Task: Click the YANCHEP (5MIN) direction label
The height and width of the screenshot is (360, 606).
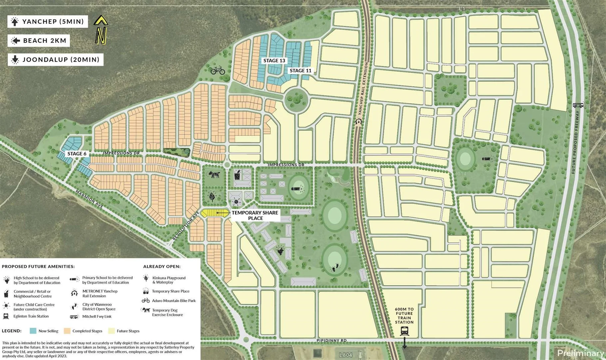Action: pyautogui.click(x=48, y=22)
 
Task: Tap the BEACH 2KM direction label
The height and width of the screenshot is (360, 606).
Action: pyautogui.click(x=39, y=41)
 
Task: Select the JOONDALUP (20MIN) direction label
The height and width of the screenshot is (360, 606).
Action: pyautogui.click(x=56, y=60)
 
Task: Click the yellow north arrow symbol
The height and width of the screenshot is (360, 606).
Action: pyautogui.click(x=101, y=30)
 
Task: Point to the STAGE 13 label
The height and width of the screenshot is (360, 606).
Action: pyautogui.click(x=274, y=61)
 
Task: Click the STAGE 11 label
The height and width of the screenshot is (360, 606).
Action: pyautogui.click(x=300, y=71)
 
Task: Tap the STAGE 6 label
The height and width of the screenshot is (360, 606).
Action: pyautogui.click(x=77, y=154)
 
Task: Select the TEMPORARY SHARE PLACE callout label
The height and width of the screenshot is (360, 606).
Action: pyautogui.click(x=255, y=215)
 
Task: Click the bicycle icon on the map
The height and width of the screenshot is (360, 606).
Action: pyautogui.click(x=218, y=70)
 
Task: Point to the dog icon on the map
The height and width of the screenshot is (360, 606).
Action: pyautogui.click(x=214, y=174)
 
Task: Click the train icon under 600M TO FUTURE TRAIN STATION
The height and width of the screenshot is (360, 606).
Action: pyautogui.click(x=404, y=331)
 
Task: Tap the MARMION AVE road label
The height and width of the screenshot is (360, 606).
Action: pyautogui.click(x=89, y=199)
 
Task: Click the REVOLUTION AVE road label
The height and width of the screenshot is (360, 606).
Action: pyautogui.click(x=185, y=226)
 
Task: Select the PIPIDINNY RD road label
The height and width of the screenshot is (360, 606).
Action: pyautogui.click(x=331, y=340)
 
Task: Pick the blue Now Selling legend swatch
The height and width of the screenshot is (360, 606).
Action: pyautogui.click(x=33, y=331)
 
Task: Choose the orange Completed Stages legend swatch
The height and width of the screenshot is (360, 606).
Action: pyautogui.click(x=67, y=331)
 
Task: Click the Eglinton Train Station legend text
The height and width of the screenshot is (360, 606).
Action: pyautogui.click(x=31, y=316)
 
